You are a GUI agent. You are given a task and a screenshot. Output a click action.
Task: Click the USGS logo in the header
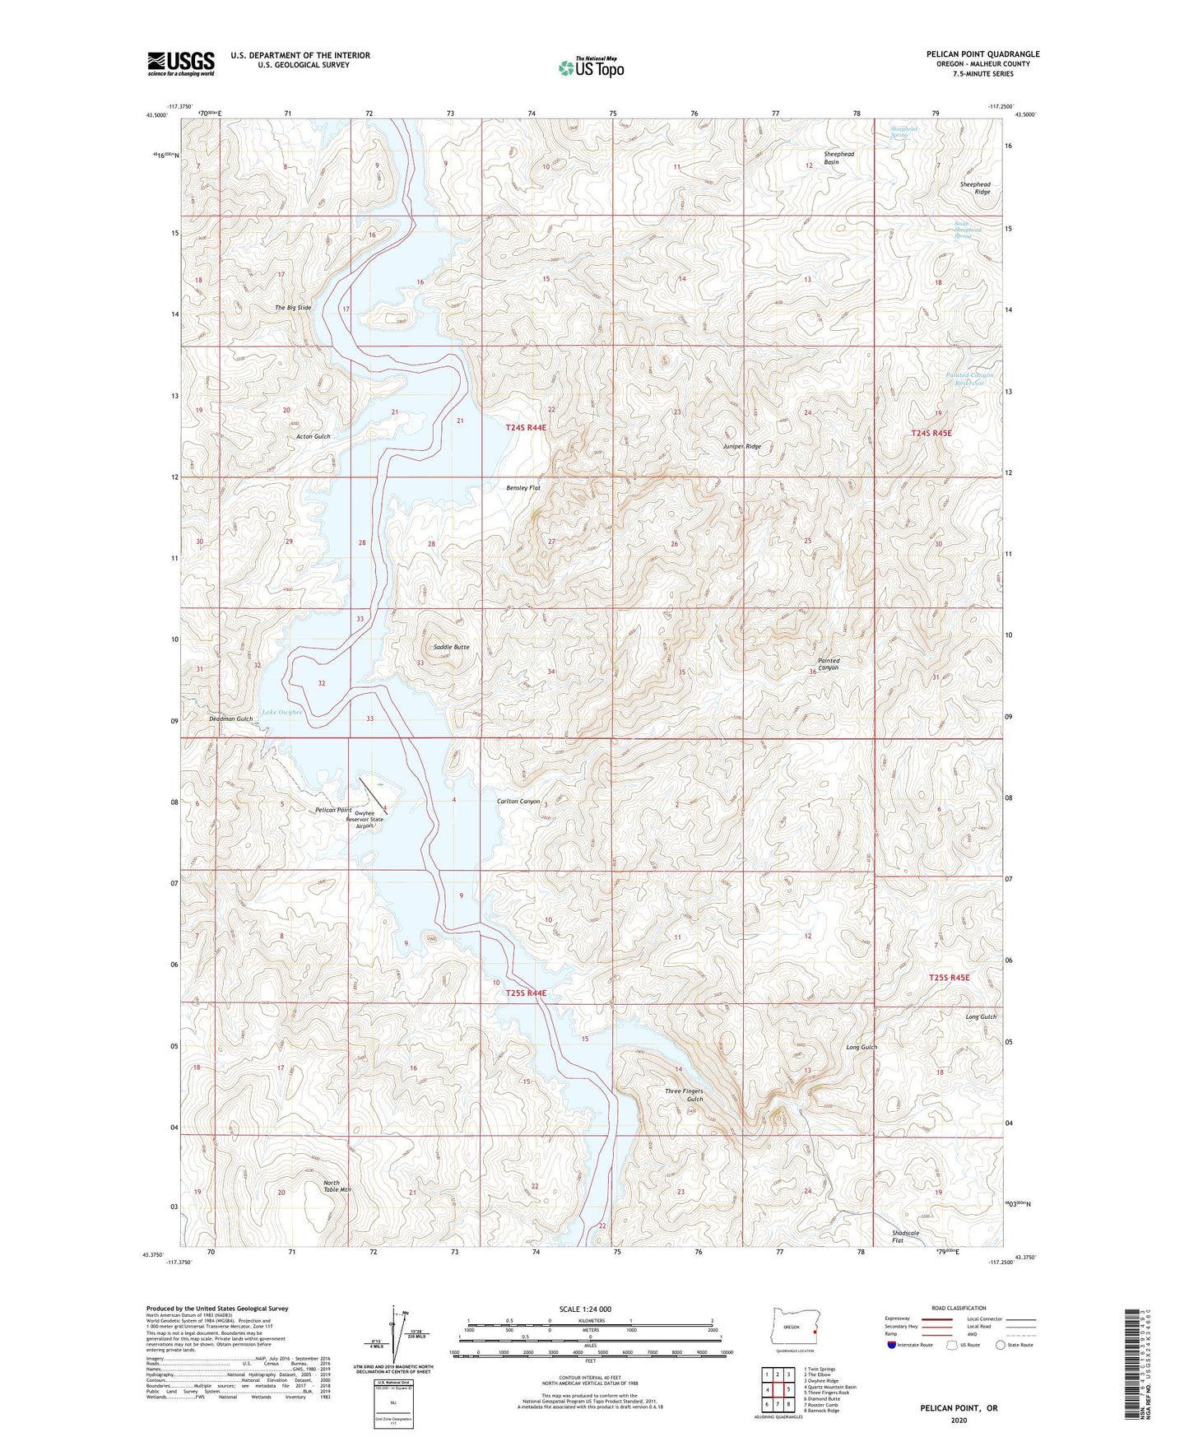coord(181,63)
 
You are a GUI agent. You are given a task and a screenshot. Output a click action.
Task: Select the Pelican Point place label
coord(333,810)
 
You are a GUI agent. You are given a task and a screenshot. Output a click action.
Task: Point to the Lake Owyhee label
coord(282,712)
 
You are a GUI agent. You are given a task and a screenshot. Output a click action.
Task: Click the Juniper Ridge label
coord(741,446)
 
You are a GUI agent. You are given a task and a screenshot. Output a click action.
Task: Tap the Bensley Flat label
coord(523,488)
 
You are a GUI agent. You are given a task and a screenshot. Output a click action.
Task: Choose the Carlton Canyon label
coord(518,801)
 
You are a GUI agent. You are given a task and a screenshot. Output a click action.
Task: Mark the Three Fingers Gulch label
coord(684,1095)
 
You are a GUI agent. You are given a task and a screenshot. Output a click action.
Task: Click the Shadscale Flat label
coord(905,1236)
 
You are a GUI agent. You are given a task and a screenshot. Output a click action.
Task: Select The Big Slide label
coord(293,308)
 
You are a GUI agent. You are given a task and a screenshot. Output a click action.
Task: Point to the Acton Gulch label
coord(313,436)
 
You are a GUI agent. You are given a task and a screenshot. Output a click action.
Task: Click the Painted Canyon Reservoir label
coord(969,379)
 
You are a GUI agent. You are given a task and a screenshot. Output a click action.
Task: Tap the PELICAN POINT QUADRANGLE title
coord(982,54)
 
